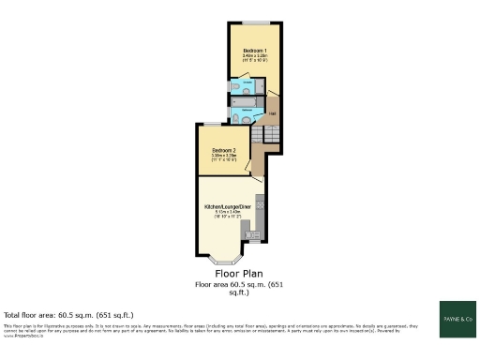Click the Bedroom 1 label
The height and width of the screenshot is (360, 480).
point(254,50)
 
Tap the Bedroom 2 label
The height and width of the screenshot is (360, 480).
point(222,151)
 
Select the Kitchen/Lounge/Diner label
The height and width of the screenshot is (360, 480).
point(228,205)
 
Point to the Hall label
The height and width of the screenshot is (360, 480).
point(273,114)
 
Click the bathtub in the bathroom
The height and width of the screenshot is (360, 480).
point(248,100)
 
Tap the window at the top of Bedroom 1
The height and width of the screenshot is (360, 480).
point(255,21)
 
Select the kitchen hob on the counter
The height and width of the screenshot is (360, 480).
point(260,203)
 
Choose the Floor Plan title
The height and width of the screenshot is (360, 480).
point(239,274)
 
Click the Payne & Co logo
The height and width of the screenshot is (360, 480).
point(457,318)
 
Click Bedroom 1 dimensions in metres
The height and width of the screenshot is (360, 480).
point(255,56)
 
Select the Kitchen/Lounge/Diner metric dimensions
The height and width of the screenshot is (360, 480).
point(228,212)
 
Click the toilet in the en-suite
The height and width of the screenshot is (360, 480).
point(234,88)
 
